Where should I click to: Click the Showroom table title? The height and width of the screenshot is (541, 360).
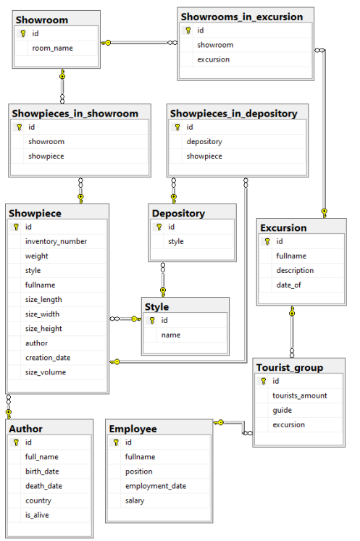pyautogui.click(x=42, y=20)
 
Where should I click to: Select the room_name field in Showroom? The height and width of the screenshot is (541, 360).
pyautogui.click(x=52, y=49)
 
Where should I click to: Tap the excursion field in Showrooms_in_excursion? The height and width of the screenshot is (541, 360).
pyautogui.click(x=213, y=59)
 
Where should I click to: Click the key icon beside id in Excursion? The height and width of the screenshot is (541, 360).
pyautogui.click(x=267, y=241)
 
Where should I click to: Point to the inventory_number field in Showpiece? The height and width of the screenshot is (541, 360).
pyautogui.click(x=56, y=241)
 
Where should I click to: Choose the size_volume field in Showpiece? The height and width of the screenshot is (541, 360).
pyautogui.click(x=46, y=372)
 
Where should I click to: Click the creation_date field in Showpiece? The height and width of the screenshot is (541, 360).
pyautogui.click(x=48, y=358)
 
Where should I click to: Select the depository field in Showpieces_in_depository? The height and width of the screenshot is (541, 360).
pyautogui.click(x=204, y=142)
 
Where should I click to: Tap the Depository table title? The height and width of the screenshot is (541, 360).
pyautogui.click(x=178, y=213)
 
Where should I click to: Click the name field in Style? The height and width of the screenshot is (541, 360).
pyautogui.click(x=171, y=335)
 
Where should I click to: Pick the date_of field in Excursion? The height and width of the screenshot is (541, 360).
pyautogui.click(x=288, y=285)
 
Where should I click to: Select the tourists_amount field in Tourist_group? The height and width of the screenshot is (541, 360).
pyautogui.click(x=300, y=395)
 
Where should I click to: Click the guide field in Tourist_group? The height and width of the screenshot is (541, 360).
pyautogui.click(x=282, y=410)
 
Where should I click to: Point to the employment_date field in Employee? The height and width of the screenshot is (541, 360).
pyautogui.click(x=156, y=486)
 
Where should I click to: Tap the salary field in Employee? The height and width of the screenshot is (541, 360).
pyautogui.click(x=135, y=500)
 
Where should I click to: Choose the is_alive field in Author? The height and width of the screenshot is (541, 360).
pyautogui.click(x=37, y=515)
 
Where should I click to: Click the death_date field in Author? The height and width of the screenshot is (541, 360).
pyautogui.click(x=43, y=486)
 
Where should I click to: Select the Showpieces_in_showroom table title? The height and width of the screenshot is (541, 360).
pyautogui.click(x=75, y=114)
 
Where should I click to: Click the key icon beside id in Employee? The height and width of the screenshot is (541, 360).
pyautogui.click(x=116, y=443)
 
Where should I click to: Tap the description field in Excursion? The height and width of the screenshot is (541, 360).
pyautogui.click(x=295, y=271)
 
